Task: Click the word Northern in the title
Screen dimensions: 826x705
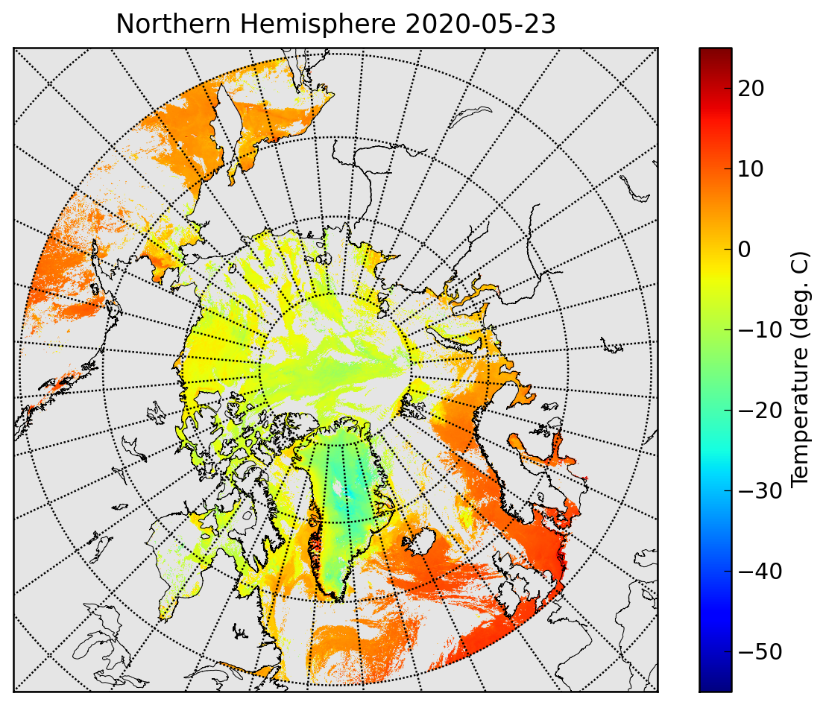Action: point(173,24)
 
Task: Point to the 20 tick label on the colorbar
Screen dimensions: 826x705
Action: point(751,89)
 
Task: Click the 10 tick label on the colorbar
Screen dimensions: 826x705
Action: point(751,169)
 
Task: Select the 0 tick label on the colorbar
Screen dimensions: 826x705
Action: point(744,250)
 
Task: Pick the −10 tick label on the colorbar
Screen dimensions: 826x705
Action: point(760,330)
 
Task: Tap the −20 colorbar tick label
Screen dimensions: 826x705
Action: point(760,411)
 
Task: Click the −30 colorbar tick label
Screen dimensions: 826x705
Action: point(760,491)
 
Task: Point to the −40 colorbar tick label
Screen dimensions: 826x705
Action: point(760,572)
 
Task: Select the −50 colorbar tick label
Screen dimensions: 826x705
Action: point(760,652)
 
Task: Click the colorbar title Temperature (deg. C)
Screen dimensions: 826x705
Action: point(800,369)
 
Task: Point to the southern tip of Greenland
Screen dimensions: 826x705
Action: point(338,601)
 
